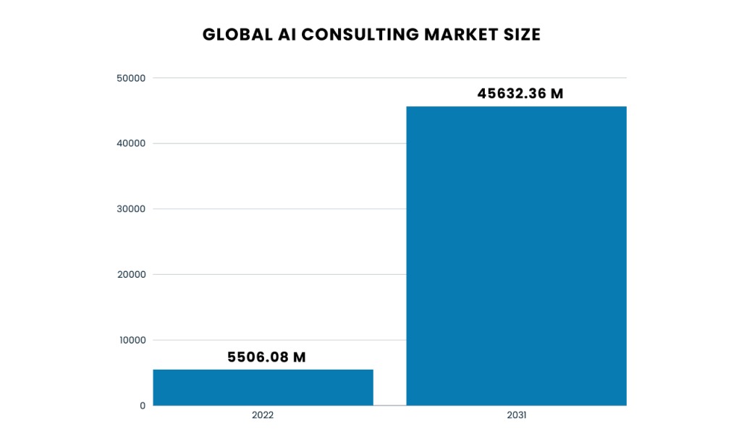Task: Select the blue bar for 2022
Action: coord(263,387)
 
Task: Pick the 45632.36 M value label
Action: coord(520,93)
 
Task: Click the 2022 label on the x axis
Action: coord(263,417)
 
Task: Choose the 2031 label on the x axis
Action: coord(516,417)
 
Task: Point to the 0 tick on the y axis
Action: coord(142,406)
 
